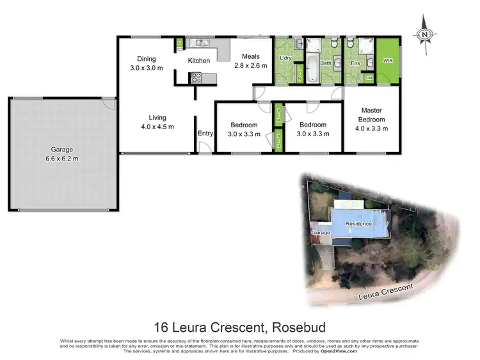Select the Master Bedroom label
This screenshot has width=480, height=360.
pos(372,114)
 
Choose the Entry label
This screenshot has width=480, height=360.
pos(205,133)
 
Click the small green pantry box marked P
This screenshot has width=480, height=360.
pos(180,43)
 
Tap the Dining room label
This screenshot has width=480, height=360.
pos(147,58)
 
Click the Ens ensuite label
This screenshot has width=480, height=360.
pos(356,63)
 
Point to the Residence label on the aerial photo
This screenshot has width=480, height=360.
pos(358,224)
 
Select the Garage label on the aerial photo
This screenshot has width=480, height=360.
pos(321,233)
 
